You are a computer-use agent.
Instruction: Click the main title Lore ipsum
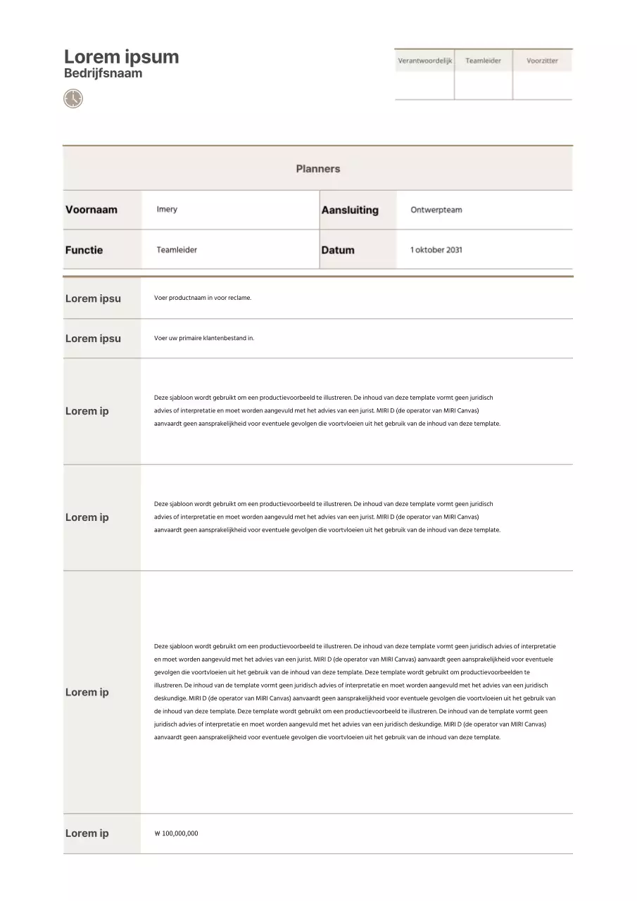121,57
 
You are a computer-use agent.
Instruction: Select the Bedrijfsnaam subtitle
103,73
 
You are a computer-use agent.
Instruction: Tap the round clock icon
73,99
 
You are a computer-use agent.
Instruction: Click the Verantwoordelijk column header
424,61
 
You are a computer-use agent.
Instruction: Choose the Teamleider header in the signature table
483,61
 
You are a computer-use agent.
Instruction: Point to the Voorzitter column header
542,61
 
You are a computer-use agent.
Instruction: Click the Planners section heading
317,169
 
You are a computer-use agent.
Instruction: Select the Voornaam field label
92,210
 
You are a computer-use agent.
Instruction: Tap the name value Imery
167,210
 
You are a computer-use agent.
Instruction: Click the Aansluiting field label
350,210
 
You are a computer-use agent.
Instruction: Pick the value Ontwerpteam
436,210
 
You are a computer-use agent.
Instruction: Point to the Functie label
84,250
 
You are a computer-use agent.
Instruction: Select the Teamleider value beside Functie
177,250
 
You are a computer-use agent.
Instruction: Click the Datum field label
338,250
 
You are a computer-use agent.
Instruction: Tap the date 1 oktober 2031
436,250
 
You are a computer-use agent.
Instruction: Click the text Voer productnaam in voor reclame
203,298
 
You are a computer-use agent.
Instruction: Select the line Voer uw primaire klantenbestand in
204,338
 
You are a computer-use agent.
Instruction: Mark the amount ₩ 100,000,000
176,833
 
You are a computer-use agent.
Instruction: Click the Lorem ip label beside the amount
87,833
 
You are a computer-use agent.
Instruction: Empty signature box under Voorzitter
542,85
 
